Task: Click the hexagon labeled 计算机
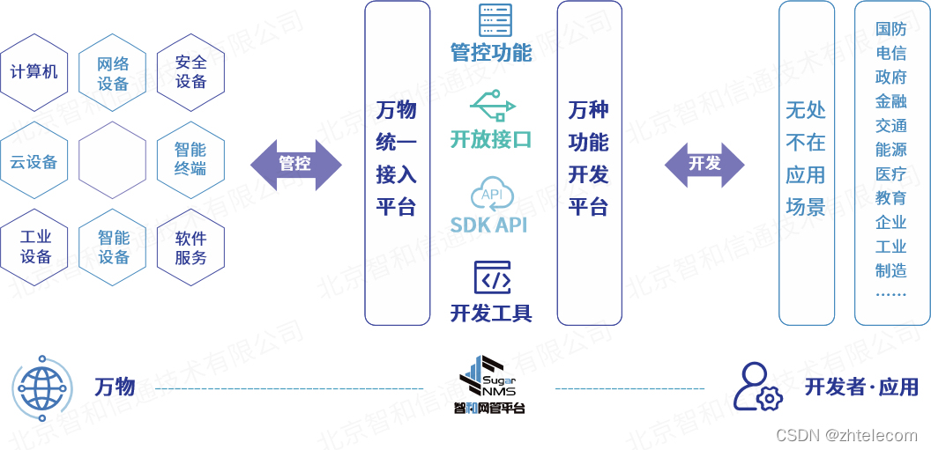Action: click(x=34, y=72)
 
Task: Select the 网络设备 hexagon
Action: click(x=113, y=73)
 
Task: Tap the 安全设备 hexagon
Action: click(x=190, y=72)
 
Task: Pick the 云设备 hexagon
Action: click(x=34, y=161)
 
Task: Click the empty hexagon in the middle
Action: click(x=113, y=161)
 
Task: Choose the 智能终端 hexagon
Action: click(x=190, y=159)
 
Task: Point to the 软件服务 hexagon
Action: click(x=190, y=247)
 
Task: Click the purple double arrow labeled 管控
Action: click(x=295, y=164)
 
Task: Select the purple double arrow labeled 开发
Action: click(x=704, y=164)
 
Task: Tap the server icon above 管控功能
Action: click(x=495, y=20)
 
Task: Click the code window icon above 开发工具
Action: click(x=492, y=277)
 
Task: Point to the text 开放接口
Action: click(x=491, y=139)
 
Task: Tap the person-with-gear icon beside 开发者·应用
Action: click(x=757, y=387)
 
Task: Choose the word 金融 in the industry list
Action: click(x=890, y=101)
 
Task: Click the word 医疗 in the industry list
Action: click(x=890, y=173)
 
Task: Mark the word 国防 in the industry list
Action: click(x=890, y=29)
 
